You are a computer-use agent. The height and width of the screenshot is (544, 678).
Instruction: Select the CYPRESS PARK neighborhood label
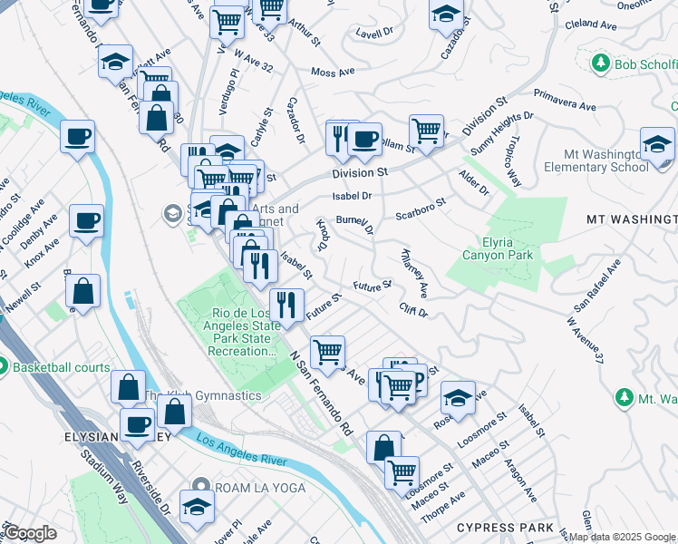coord(505,527)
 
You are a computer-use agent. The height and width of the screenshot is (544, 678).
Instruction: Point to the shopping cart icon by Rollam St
coord(425,131)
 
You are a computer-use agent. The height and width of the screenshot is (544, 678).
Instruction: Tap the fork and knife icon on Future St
coord(286,306)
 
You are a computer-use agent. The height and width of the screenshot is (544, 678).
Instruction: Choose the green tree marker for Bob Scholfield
coord(599,63)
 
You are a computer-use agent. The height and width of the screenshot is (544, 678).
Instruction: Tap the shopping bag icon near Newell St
coord(82,292)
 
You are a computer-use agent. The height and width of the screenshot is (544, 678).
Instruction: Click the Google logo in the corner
coord(30,533)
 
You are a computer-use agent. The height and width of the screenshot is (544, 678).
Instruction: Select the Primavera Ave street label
coord(565,100)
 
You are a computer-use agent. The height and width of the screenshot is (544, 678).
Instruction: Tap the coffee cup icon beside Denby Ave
coord(86,220)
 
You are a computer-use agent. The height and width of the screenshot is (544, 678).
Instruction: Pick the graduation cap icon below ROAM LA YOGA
coord(197,507)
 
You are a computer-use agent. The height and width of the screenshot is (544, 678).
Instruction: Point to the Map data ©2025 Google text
coord(623,537)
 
